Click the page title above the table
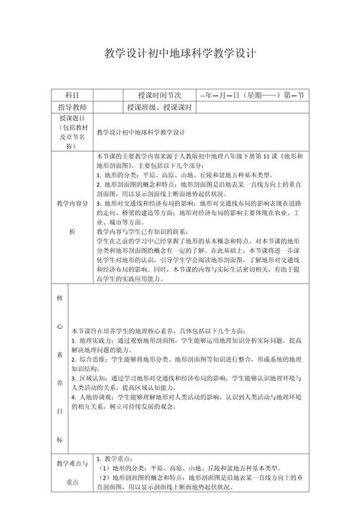(x=180, y=53)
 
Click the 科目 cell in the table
(x=71, y=95)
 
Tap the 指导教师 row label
(x=71, y=107)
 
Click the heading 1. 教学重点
(x=116, y=459)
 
